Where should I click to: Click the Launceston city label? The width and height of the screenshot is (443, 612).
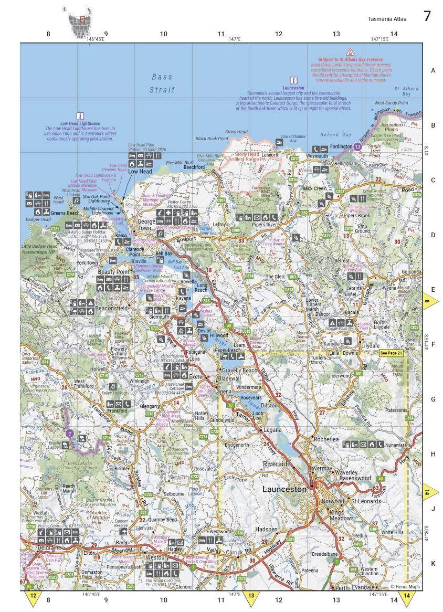pos(284,489)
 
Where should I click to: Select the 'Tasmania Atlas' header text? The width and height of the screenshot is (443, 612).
pos(387,19)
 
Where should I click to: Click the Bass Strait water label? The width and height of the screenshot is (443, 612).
pos(162,83)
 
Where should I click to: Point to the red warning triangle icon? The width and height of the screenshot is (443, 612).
pos(350,52)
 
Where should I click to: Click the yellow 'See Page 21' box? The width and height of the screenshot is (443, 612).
pos(392,353)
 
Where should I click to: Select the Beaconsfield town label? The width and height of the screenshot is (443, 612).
pos(110,309)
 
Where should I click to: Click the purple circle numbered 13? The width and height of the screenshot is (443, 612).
pos(358,147)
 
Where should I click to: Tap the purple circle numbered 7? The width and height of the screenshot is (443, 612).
pos(70,434)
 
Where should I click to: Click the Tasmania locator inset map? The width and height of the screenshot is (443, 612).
pos(78,21)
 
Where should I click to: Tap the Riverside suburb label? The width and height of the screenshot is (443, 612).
pos(277,464)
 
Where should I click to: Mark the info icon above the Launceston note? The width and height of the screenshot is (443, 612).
pos(294,80)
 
